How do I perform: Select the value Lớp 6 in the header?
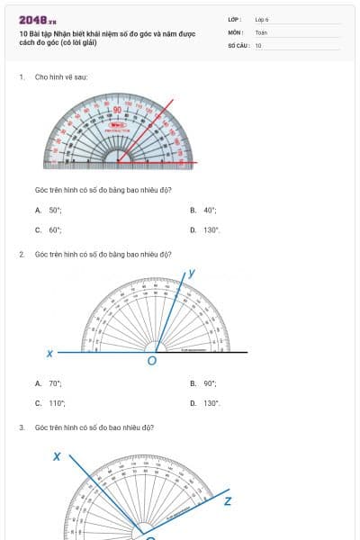click(262, 19)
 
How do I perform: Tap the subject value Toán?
click(261, 31)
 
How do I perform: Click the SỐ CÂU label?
click(238, 45)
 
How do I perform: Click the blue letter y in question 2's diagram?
click(192, 272)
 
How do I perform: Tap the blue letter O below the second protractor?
click(151, 361)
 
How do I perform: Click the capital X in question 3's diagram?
click(57, 457)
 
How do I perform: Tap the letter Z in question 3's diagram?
click(228, 500)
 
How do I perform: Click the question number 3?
click(22, 427)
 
